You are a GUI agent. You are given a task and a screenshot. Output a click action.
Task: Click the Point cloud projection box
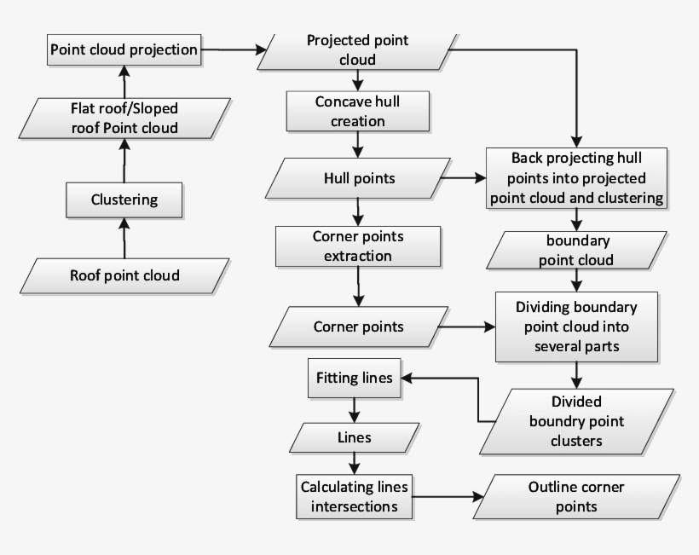point(124,49)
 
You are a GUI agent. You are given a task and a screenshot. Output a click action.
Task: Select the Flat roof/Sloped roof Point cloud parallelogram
point(124,119)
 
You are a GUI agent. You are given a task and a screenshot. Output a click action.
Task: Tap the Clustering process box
point(124,200)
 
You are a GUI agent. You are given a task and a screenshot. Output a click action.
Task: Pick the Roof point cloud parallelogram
point(124,275)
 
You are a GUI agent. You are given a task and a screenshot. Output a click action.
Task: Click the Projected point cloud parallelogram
point(357,51)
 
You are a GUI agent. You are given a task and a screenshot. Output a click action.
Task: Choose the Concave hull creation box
point(357,111)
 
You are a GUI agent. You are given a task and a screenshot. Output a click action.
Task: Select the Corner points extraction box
point(357,246)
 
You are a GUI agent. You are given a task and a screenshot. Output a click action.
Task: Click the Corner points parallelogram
point(358,327)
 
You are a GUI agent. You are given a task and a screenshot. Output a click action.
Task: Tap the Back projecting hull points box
point(576,178)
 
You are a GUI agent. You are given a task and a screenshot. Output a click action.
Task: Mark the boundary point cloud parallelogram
point(575,250)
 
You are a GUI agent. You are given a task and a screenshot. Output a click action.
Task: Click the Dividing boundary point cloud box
point(576,327)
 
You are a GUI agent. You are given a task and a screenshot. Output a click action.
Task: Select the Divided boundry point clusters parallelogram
point(576,421)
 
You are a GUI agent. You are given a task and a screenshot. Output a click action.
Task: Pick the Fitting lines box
point(354,377)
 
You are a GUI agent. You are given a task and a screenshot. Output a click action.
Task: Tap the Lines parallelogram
point(354,438)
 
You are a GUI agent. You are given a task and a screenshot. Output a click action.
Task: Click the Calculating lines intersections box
point(354,497)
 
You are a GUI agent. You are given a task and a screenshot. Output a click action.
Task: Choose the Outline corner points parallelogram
point(576,497)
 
